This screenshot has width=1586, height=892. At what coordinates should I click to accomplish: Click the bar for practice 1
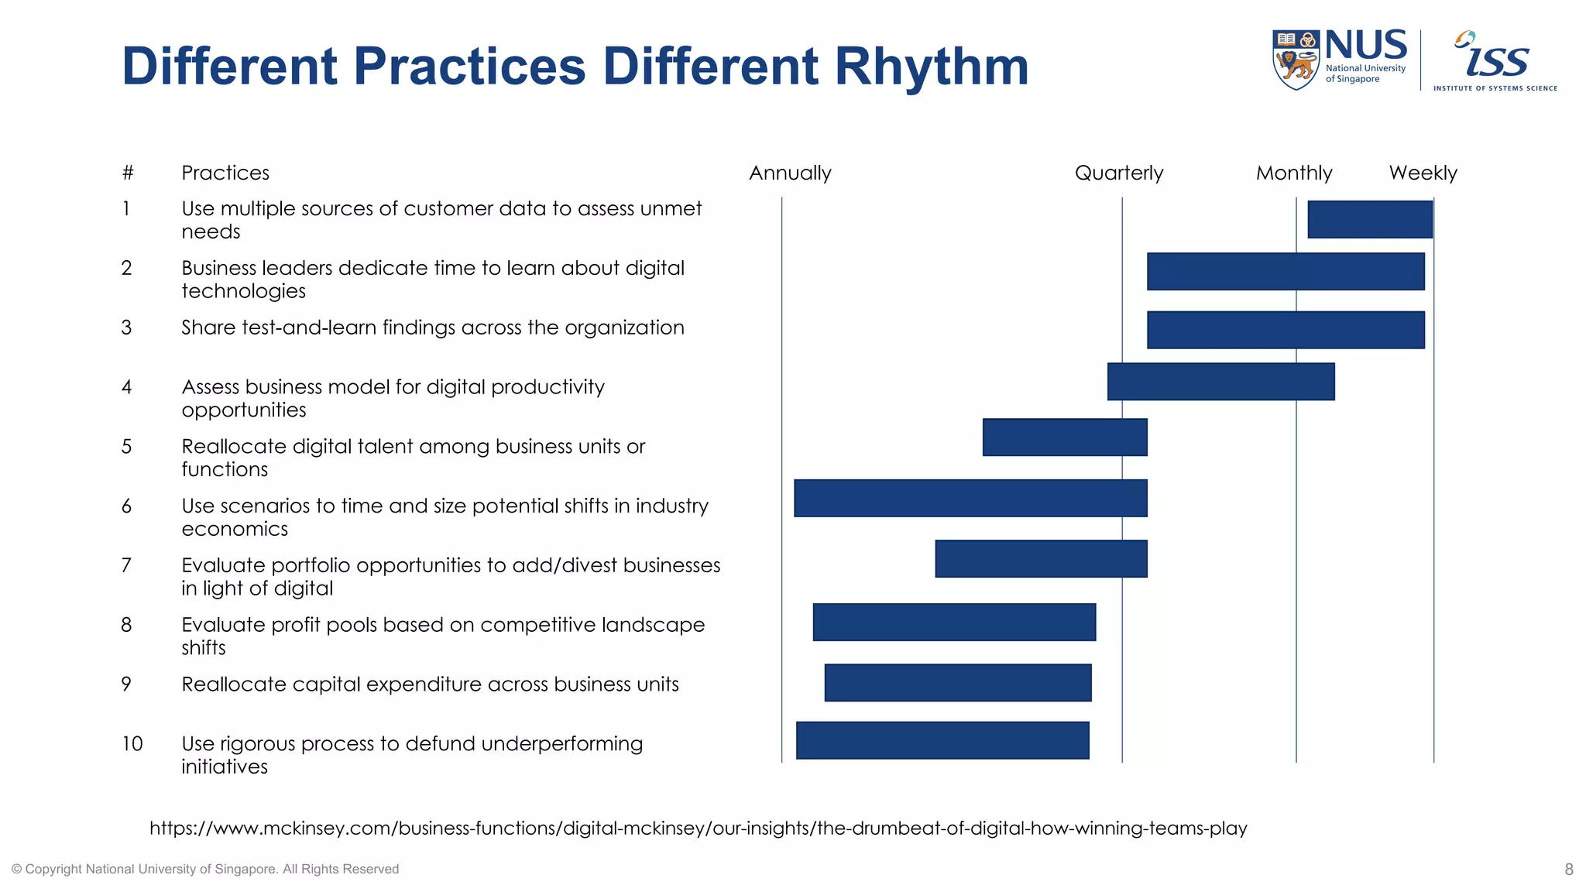(x=1369, y=219)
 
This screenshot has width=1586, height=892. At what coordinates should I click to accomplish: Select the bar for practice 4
(x=1220, y=382)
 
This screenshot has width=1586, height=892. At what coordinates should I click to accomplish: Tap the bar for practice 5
(x=1064, y=437)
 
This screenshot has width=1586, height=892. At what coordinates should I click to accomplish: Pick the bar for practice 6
(x=970, y=498)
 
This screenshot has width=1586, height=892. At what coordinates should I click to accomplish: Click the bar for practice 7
(x=1040, y=558)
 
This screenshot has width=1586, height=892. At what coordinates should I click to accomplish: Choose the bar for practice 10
(x=942, y=740)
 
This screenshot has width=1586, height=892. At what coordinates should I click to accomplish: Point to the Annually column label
(x=790, y=173)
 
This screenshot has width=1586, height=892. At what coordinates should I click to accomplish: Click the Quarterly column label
(x=1118, y=173)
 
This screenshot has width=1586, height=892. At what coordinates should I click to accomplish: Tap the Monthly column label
(x=1293, y=173)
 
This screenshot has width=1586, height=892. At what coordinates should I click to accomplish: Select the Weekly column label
(x=1423, y=173)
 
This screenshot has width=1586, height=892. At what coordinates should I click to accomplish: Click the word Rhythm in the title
(x=931, y=67)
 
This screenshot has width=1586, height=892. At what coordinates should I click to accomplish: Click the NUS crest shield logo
(x=1295, y=60)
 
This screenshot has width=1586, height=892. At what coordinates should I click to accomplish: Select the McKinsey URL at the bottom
(x=698, y=829)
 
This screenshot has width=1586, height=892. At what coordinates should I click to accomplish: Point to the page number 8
(x=1568, y=870)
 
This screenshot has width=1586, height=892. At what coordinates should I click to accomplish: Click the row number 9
(x=126, y=684)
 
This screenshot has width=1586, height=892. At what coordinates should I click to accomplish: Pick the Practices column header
(x=225, y=173)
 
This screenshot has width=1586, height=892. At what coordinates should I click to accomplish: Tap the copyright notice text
(x=205, y=870)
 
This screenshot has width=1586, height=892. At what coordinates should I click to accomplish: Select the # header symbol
(x=128, y=173)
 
